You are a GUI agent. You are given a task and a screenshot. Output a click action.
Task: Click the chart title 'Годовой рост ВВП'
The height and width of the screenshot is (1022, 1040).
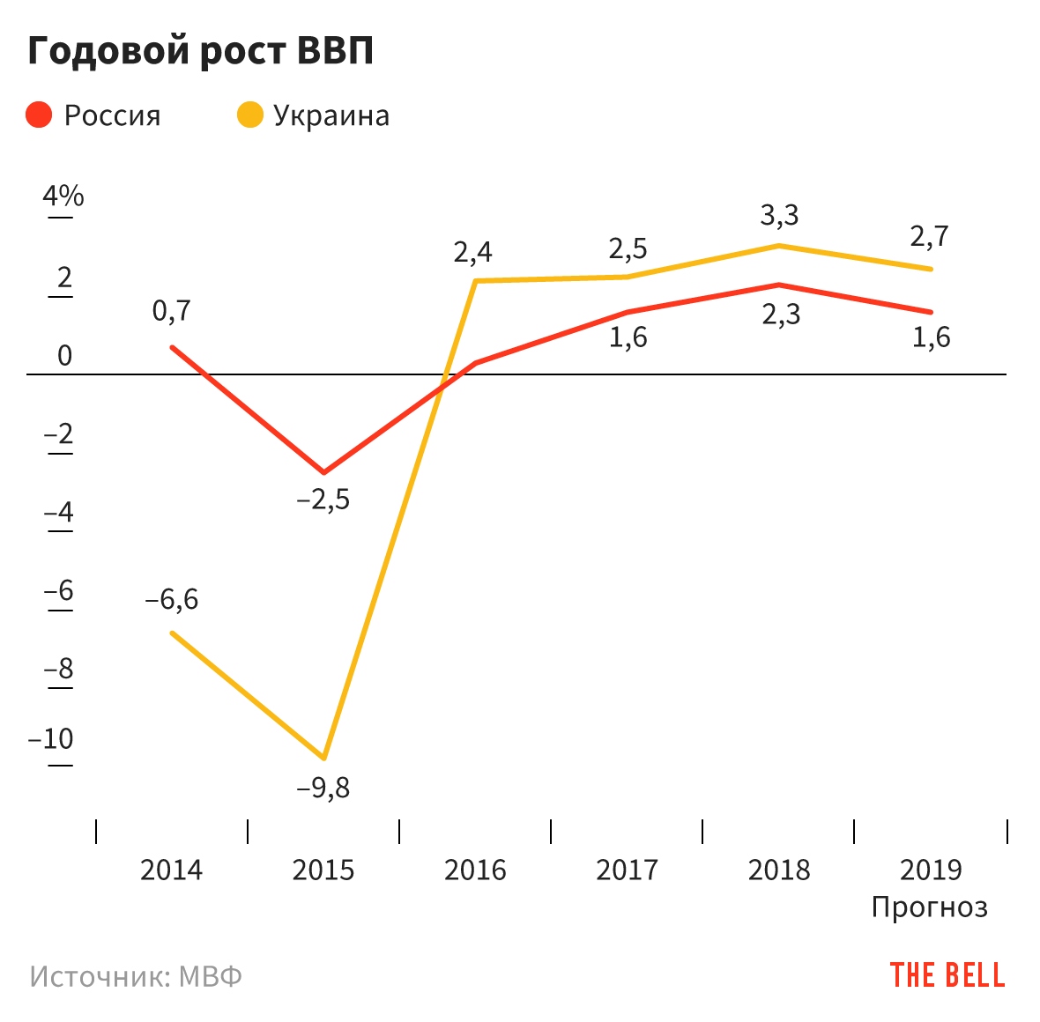coord(201,51)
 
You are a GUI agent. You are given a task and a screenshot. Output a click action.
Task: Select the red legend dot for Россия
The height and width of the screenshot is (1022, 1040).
coord(40,115)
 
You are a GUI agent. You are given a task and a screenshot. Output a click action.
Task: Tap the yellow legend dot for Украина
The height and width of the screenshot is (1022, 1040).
coord(250,115)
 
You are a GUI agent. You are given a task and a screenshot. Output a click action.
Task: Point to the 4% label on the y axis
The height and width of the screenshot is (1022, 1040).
coord(63,196)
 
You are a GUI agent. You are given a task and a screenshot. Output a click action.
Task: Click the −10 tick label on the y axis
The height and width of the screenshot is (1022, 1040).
coord(51,738)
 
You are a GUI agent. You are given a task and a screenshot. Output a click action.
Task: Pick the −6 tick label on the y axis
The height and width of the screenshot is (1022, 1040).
coord(59,590)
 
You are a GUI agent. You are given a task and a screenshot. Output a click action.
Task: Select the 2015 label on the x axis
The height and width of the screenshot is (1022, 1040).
coord(323,870)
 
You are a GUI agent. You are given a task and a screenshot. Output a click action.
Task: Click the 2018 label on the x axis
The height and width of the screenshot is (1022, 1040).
coord(779,870)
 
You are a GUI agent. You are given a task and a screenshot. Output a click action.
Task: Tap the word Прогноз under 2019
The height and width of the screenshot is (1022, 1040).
coord(930,907)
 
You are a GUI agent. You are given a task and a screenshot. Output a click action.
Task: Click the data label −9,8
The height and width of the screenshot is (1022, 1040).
coord(323,788)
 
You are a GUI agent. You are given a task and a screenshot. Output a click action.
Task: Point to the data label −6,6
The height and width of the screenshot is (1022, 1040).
coord(172,600)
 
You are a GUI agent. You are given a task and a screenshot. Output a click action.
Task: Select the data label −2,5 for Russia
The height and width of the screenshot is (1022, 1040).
coord(323,500)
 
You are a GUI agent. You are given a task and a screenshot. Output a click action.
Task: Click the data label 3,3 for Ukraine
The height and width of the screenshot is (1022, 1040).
coord(780,215)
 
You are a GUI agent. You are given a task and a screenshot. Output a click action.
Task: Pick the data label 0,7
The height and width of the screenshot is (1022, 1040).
coord(171,311)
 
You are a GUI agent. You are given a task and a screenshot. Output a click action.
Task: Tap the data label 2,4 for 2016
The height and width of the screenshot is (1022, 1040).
coord(473,253)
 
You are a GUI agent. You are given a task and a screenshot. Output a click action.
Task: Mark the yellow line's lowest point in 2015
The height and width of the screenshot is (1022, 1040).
coord(324,758)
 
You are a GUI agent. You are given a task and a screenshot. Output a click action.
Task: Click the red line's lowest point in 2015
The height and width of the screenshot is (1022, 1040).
coord(324,472)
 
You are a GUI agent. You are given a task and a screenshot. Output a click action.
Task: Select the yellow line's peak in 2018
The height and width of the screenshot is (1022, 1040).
coord(779,245)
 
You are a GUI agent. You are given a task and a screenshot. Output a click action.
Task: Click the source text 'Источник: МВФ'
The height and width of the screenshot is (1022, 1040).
coord(136,976)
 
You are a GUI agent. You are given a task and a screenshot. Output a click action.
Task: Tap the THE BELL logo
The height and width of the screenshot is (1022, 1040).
coord(947,975)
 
